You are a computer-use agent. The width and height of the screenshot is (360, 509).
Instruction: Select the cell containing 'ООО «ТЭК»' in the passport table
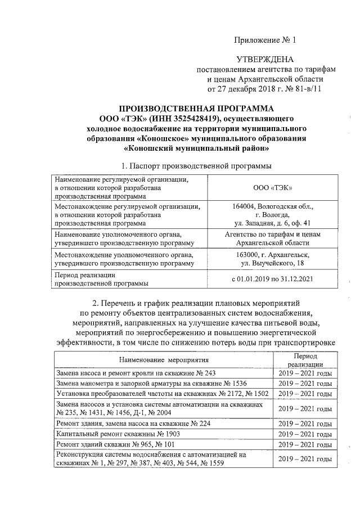[272, 187]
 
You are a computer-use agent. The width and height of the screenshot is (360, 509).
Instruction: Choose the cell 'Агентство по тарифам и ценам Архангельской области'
[272, 238]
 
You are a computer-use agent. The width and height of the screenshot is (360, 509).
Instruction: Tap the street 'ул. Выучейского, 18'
[272, 263]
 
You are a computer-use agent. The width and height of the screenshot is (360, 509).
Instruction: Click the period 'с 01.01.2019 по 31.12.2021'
[272, 279]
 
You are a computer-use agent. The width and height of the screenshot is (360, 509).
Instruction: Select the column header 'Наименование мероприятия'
[164, 359]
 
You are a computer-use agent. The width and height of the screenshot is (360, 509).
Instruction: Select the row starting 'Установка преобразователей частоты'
[161, 393]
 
